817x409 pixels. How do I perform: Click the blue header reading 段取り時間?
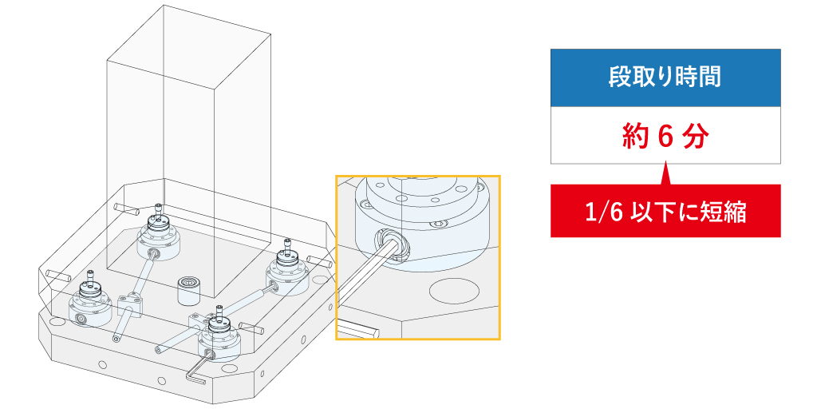point(665,77)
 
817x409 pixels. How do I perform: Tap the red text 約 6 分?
point(665,137)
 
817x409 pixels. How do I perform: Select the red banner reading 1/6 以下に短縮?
point(665,211)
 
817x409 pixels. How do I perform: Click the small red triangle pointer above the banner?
point(665,174)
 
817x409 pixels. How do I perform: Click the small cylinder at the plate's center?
point(188,291)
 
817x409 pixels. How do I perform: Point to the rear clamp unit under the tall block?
point(159,235)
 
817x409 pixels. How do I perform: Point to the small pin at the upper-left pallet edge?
point(127,210)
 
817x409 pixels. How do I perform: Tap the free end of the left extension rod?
point(115,339)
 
